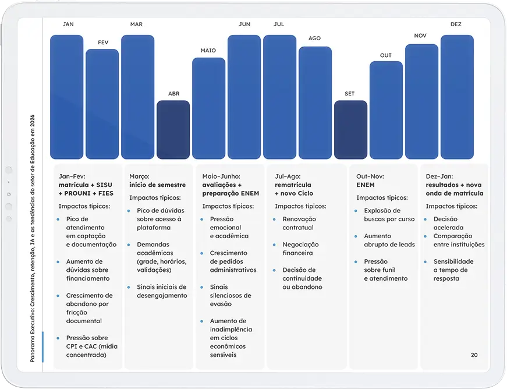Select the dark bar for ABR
[173, 130]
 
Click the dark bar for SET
[350, 130]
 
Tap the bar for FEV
[102, 104]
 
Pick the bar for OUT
[386, 109]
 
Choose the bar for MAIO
[208, 108]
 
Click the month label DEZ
[456, 24]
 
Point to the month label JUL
[279, 24]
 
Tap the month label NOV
[420, 36]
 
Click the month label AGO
[314, 38]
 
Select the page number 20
[474, 355]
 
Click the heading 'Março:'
[140, 176]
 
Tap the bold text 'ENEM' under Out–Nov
[366, 185]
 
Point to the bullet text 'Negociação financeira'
[297, 249]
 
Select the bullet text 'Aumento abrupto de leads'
[389, 241]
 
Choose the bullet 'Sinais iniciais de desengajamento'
[162, 291]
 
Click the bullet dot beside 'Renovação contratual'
[275, 220]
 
